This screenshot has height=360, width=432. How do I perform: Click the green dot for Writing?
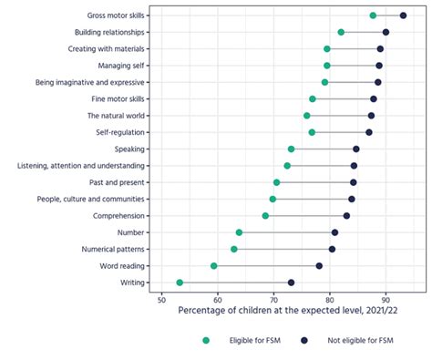[x=180, y=283]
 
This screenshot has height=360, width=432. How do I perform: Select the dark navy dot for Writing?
[x=291, y=283]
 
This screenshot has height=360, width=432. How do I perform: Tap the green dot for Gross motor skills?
[x=373, y=15]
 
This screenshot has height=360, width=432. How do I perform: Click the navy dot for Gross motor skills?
[x=403, y=15]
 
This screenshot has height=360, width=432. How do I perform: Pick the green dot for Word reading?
[x=214, y=266]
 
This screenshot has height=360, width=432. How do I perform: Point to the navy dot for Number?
[x=334, y=232]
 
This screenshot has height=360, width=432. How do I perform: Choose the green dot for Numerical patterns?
[x=234, y=249]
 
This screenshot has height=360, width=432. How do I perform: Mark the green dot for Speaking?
[x=291, y=149]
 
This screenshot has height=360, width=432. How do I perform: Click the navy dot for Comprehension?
[x=346, y=216]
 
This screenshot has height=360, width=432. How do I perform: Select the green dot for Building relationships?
[x=341, y=32]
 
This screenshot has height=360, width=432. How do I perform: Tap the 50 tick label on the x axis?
[x=161, y=299]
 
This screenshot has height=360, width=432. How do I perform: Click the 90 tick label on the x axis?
[x=386, y=299]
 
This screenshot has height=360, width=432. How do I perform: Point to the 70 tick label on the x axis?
[x=273, y=299]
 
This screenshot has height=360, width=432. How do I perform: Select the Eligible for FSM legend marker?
[x=206, y=341]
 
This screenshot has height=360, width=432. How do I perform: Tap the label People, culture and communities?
[x=89, y=199]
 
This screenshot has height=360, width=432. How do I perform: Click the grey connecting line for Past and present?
[x=314, y=182]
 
